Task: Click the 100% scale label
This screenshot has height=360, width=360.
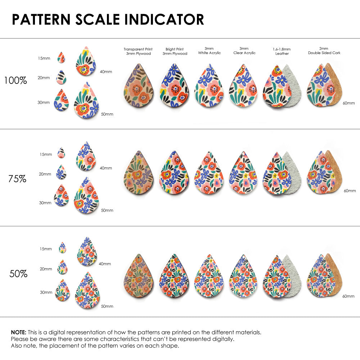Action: tap(15, 80)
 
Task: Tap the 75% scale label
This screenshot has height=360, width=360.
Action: tap(17, 178)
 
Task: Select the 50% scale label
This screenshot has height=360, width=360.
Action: tap(18, 274)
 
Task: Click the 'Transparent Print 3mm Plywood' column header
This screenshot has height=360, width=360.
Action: tap(138, 51)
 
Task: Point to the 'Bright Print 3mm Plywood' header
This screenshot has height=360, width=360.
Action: tap(175, 51)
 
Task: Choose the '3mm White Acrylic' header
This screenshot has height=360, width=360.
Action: tap(209, 50)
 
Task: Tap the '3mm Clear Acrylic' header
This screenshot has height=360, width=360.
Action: tap(244, 50)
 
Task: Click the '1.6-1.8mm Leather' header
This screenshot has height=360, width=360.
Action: tap(282, 51)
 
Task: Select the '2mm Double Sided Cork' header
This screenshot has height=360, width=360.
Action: tap(324, 50)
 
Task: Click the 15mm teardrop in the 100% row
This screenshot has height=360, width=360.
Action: tap(61, 58)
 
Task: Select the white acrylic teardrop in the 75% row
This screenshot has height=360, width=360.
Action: tap(209, 174)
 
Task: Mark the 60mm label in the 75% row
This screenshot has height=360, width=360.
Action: tap(349, 190)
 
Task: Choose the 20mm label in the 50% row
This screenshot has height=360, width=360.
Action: tap(46, 269)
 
